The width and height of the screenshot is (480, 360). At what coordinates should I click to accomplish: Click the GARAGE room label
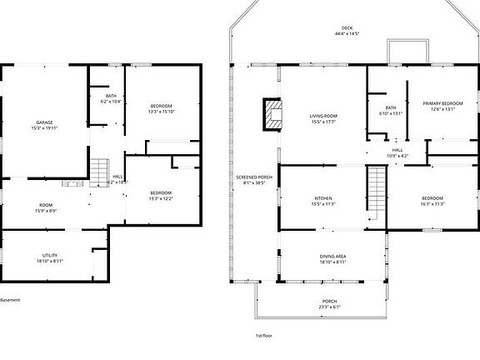pyautogui.click(x=44, y=122)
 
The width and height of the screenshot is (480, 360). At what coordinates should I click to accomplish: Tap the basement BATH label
pyautogui.click(x=111, y=96)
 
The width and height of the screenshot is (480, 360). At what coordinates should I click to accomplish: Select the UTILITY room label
pyautogui.click(x=50, y=255)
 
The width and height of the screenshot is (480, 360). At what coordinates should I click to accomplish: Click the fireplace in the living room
pyautogui.click(x=272, y=115)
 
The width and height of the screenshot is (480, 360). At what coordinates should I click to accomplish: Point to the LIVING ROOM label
pyautogui.click(x=322, y=116)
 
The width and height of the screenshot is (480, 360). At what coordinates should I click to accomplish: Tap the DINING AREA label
pyautogui.click(x=332, y=256)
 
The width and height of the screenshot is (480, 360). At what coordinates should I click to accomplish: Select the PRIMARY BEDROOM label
pyautogui.click(x=442, y=102)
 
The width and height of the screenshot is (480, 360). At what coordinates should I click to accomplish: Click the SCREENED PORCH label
pyautogui.click(x=254, y=177)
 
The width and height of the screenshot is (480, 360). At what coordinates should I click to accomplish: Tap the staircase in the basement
pyautogui.click(x=99, y=171)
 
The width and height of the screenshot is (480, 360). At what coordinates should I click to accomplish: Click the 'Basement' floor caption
pyautogui.click(x=10, y=300)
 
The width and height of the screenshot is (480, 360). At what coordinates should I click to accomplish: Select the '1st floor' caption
pyautogui.click(x=264, y=334)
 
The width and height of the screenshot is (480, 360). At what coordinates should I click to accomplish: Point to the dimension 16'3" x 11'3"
pyautogui.click(x=432, y=203)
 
